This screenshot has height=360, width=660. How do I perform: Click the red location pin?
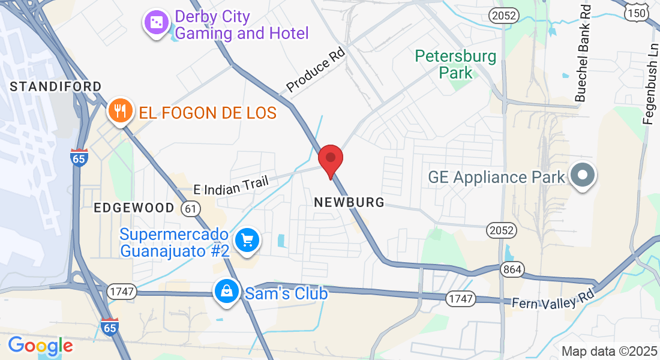330,160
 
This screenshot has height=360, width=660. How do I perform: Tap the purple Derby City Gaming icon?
156,23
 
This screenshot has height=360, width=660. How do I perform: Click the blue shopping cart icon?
247,241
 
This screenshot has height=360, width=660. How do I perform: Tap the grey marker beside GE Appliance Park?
582,176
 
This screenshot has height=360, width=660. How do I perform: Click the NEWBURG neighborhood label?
349,203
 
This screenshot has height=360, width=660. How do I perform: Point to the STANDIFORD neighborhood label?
56,87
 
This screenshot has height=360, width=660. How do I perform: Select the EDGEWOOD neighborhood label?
134,208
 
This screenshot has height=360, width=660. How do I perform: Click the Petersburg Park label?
456,65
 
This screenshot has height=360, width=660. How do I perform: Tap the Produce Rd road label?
317,74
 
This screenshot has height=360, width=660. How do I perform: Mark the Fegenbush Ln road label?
649,84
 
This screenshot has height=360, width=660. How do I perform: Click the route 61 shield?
191,208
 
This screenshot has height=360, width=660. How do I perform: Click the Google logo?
40,346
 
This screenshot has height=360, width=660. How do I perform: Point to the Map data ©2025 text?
610,352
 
